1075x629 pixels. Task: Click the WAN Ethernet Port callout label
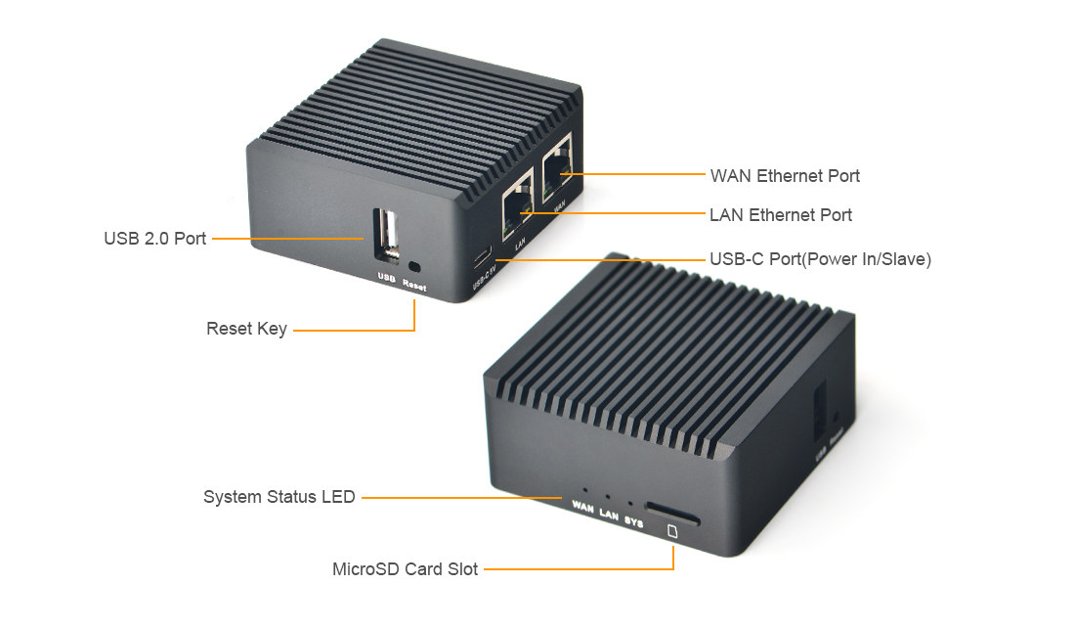coord(785,176)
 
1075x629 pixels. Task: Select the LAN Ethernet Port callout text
coord(781,215)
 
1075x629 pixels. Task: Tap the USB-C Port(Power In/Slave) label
coord(820,260)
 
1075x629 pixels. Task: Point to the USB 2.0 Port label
coord(155,239)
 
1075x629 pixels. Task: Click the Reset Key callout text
coord(246,330)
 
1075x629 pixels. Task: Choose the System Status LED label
coord(279,497)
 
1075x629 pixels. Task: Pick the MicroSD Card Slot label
coord(405,568)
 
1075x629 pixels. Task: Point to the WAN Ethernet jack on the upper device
coord(558,168)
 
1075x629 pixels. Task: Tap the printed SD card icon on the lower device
coord(672,532)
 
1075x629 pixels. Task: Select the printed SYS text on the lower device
coord(633,521)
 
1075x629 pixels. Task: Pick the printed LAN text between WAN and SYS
coord(609,514)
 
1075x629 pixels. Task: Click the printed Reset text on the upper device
coord(414,287)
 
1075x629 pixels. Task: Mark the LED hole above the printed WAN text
coord(584,485)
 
